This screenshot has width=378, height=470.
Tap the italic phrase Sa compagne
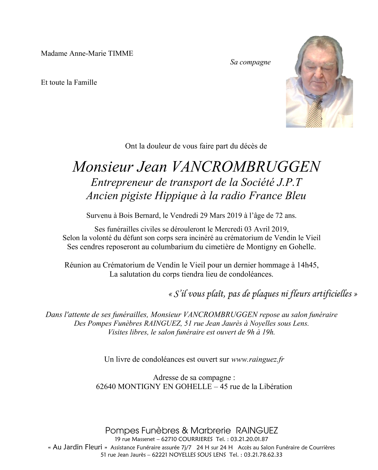coord(250,62)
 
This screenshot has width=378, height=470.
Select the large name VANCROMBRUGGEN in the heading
coord(246,167)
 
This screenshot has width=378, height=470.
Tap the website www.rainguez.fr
coord(258,359)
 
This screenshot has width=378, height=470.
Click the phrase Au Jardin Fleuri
coord(78,447)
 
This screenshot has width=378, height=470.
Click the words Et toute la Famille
coord(69,83)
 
